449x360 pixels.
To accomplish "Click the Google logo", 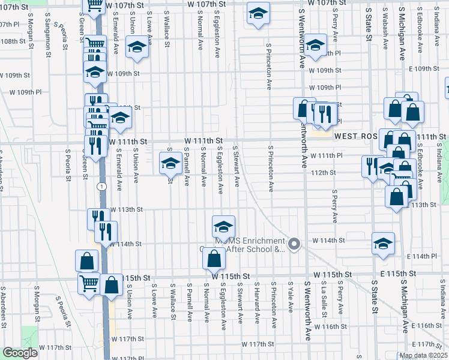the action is [x=20, y=353].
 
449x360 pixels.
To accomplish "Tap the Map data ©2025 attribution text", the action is [x=423, y=355].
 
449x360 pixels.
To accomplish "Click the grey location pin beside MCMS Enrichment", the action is [x=294, y=244].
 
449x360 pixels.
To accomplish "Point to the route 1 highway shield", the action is [x=103, y=186].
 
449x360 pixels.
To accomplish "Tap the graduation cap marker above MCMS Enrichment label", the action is [x=223, y=227].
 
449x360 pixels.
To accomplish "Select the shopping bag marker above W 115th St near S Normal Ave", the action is [x=214, y=259].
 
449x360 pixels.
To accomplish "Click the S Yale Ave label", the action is [x=290, y=295].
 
